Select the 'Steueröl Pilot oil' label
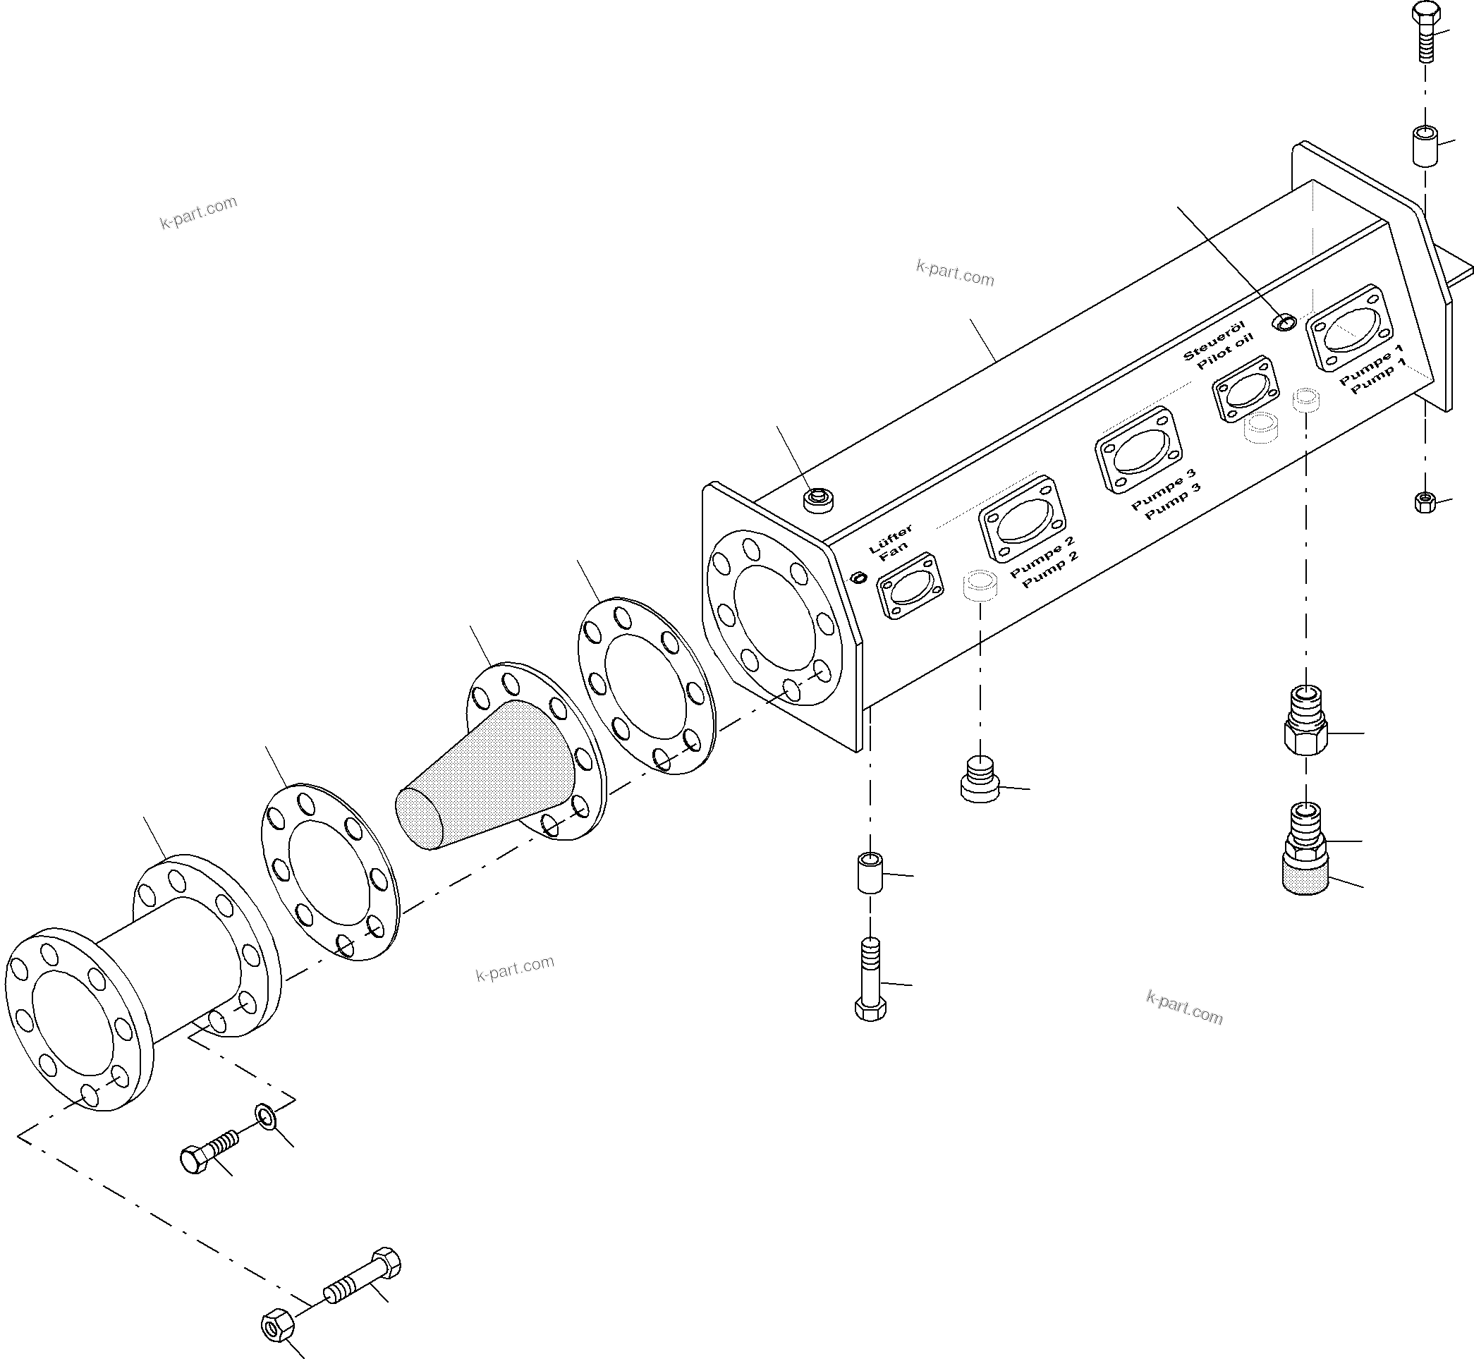point(1217,345)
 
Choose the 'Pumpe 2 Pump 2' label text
point(1044,562)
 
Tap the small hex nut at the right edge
point(1425,503)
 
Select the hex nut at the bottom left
point(278,1326)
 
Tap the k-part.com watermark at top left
point(199,212)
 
